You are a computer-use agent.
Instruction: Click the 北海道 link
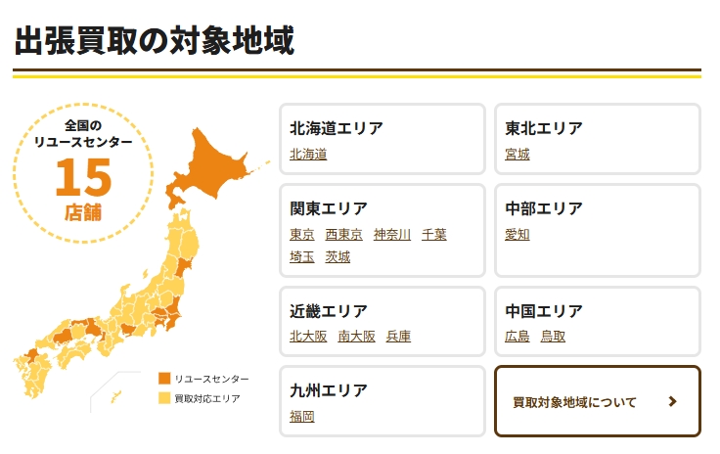308,154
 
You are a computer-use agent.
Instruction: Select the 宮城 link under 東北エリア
517,154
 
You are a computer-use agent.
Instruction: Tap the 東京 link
302,234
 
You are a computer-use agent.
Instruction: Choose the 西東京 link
343,234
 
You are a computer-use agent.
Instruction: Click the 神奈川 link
392,234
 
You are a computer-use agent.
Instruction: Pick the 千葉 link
434,234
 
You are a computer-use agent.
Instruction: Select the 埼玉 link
302,256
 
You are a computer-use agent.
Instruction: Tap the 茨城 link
337,256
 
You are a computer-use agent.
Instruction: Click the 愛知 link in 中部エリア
517,234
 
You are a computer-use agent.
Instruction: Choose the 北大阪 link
308,336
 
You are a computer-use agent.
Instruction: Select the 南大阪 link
356,336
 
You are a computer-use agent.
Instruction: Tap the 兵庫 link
398,336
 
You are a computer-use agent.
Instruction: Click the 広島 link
517,336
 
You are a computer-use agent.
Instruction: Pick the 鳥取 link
553,336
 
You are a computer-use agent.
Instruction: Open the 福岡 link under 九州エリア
302,416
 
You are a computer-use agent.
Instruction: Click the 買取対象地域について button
597,401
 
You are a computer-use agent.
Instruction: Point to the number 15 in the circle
83,177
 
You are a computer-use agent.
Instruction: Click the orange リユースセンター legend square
164,379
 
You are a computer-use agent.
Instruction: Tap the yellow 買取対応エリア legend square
164,398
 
